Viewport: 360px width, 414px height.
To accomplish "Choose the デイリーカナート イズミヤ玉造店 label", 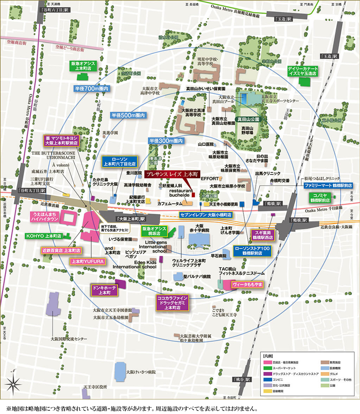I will point(305,71).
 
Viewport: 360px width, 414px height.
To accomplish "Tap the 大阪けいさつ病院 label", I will point(141,372).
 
